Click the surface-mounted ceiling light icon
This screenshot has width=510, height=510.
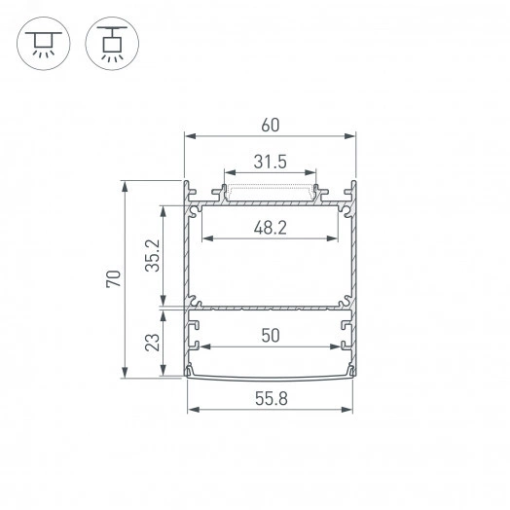[41, 42]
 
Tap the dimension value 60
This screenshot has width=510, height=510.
[270, 123]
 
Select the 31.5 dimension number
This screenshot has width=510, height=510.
[269, 163]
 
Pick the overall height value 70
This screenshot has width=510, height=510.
[113, 278]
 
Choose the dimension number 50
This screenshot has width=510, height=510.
[271, 335]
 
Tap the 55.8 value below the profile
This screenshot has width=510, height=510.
[270, 398]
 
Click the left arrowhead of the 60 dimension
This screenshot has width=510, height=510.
[189, 136]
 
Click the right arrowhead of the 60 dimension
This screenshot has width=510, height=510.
[352, 136]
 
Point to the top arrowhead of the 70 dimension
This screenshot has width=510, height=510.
[126, 184]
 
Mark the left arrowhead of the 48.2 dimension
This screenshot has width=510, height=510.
[204, 238]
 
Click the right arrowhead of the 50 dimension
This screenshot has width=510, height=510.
[337, 346]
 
